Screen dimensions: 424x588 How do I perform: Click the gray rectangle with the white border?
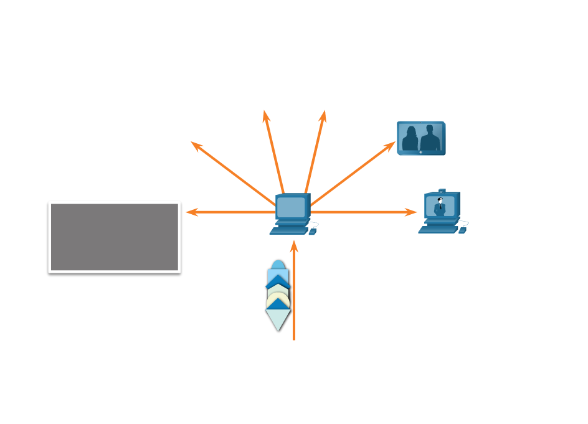[x=115, y=237]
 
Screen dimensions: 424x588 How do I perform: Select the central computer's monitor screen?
[x=291, y=207]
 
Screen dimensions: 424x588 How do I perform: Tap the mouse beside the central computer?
[x=313, y=232]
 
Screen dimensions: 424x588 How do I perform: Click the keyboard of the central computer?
[x=289, y=230]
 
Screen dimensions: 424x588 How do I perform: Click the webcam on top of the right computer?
[x=442, y=191]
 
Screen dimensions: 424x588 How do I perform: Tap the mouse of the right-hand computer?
[x=462, y=230]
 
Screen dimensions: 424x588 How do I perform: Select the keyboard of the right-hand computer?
[x=438, y=230]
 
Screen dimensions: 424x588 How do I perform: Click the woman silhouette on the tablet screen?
[x=410, y=139]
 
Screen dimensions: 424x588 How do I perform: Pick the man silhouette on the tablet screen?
[x=430, y=138]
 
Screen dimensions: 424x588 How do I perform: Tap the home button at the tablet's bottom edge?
[x=420, y=152]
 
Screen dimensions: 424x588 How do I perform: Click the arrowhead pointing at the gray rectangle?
[x=190, y=212]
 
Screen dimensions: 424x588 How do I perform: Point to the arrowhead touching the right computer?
[x=412, y=212]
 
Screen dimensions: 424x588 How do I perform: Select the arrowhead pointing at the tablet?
[x=391, y=145]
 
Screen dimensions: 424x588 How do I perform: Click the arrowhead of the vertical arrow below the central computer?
[x=294, y=245]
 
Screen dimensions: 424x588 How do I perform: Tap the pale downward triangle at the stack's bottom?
[x=278, y=319]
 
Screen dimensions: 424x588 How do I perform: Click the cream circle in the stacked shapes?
[x=278, y=299]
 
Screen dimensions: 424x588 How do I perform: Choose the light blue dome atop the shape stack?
[x=278, y=265]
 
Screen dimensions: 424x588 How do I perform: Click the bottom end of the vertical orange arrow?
[x=294, y=339]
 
